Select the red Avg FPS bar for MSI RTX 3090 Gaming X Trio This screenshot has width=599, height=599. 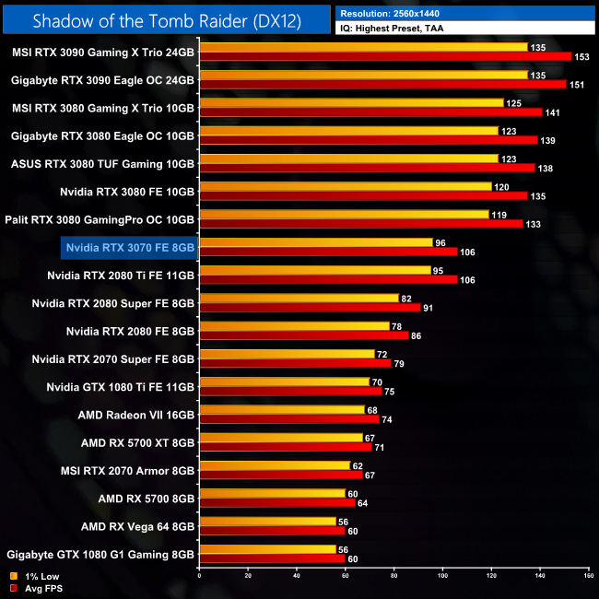coord(385,57)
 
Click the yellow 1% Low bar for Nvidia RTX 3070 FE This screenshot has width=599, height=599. coord(315,242)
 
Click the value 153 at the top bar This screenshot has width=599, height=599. coord(583,57)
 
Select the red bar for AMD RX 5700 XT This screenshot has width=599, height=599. coord(286,447)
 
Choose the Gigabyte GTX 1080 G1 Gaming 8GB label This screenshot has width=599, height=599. coord(100,555)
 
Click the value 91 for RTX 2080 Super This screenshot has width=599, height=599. coord(429,308)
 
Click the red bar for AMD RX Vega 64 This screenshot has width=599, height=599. coord(272,531)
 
